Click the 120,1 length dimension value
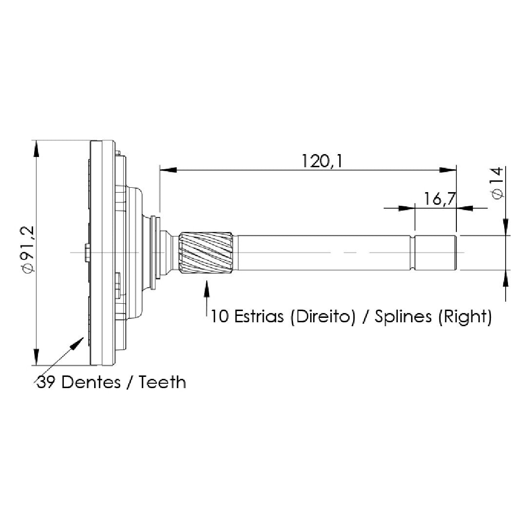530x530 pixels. [x=321, y=161]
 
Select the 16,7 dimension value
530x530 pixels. [x=440, y=199]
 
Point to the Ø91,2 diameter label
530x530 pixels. [x=28, y=249]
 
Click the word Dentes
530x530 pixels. [x=91, y=382]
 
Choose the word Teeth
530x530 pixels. [x=162, y=382]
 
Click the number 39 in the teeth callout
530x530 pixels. [x=46, y=382]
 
